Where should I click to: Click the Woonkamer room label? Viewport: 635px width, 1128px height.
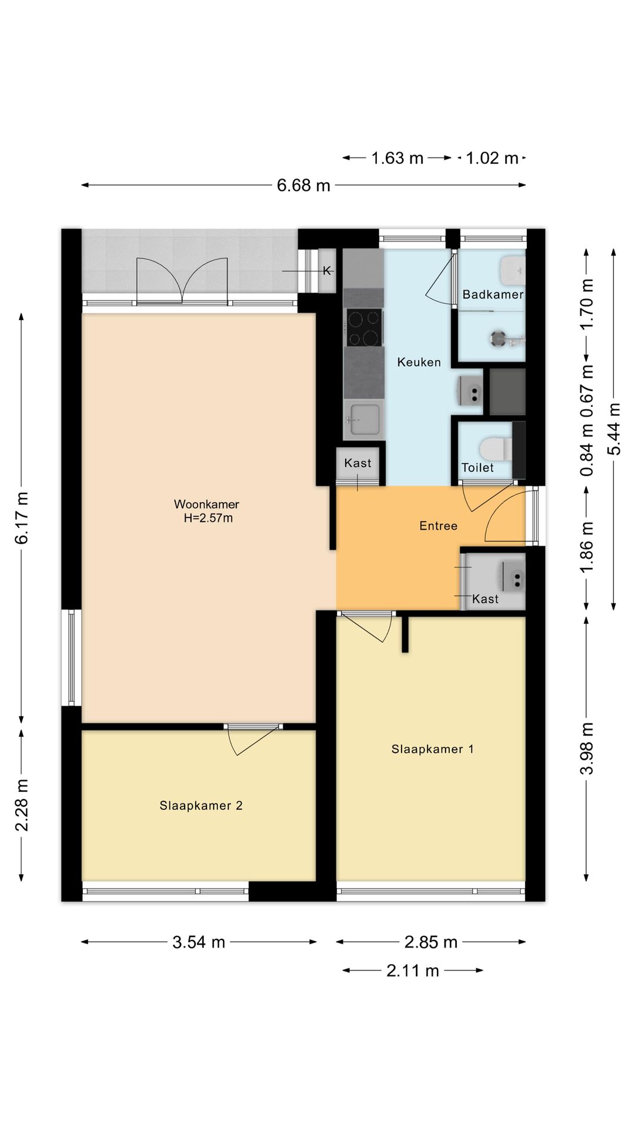[x=206, y=504]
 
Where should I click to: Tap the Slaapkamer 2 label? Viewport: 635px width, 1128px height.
[x=201, y=805]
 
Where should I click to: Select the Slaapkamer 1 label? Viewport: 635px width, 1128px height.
[x=433, y=749]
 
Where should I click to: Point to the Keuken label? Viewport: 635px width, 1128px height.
[x=419, y=362]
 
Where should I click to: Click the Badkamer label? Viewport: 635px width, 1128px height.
[x=493, y=294]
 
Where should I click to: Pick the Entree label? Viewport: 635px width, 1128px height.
[x=438, y=526]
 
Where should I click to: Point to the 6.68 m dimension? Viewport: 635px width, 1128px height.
[x=303, y=186]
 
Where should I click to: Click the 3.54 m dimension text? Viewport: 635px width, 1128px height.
[x=199, y=942]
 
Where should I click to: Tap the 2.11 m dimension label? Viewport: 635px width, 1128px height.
[x=413, y=971]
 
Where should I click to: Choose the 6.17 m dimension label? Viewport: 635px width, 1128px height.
[x=22, y=518]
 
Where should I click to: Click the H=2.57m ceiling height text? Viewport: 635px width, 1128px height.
[x=208, y=518]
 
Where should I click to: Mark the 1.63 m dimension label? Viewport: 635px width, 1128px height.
[x=397, y=158]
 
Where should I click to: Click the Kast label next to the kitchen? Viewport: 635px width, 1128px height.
[x=357, y=463]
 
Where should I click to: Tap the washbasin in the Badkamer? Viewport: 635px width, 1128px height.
[x=512, y=269]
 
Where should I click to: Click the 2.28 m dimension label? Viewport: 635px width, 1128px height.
[x=22, y=805]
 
